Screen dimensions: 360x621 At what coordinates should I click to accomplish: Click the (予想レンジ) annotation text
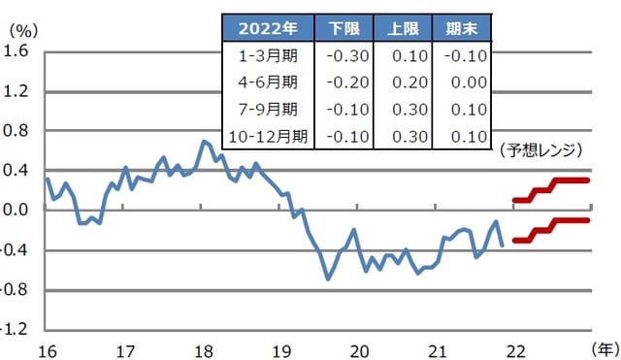click(541, 150)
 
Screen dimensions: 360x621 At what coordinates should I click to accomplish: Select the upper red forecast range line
click(551, 187)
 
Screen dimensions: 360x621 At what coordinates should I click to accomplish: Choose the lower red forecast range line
click(551, 228)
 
